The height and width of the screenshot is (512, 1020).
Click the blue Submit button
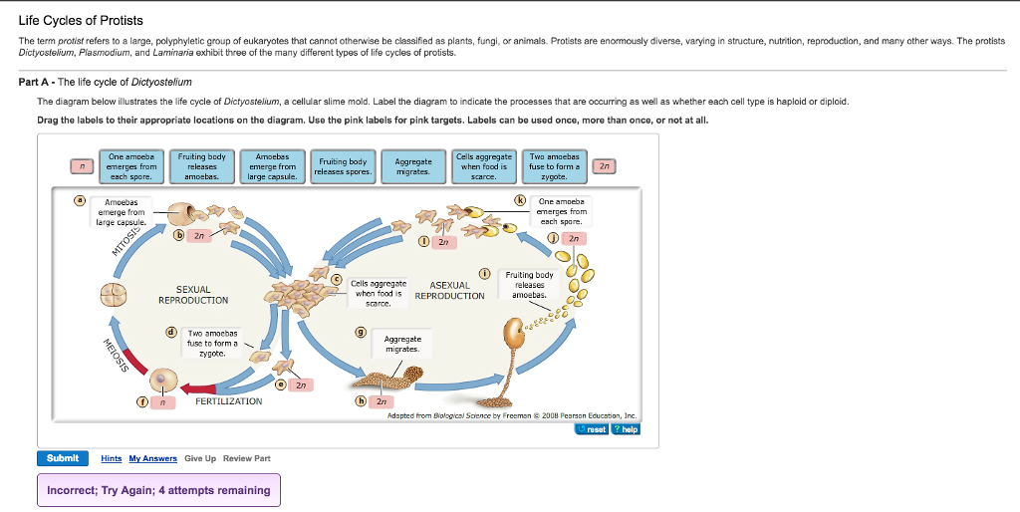tap(63, 458)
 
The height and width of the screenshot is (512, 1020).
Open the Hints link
tap(112, 458)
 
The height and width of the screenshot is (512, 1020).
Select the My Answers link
tap(152, 458)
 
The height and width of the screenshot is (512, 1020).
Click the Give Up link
tap(200, 458)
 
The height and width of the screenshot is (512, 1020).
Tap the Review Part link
tap(247, 458)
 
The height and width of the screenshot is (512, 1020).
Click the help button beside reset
tap(625, 429)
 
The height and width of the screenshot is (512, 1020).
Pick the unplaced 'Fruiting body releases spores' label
tap(342, 166)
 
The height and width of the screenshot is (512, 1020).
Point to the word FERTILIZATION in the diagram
tap(229, 401)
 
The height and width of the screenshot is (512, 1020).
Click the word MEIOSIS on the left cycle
tap(116, 357)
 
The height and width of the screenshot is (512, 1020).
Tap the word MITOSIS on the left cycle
tap(127, 238)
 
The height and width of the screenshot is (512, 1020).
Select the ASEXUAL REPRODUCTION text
tap(449, 291)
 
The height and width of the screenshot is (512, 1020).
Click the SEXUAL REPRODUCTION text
tap(193, 295)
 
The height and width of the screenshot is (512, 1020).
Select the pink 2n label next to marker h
tap(380, 401)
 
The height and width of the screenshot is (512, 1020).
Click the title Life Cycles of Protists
tap(81, 20)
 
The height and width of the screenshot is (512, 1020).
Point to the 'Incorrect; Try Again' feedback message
tap(159, 490)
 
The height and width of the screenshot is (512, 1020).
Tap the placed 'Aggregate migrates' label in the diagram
tap(401, 344)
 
